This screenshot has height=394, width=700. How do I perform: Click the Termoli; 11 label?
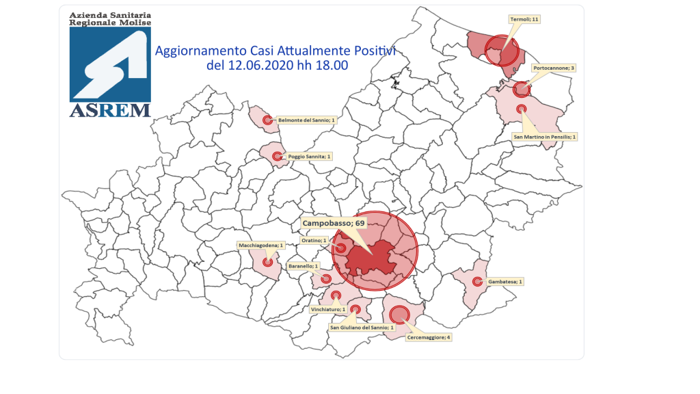click(x=525, y=20)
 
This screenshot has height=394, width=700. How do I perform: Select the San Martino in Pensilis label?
click(x=545, y=137)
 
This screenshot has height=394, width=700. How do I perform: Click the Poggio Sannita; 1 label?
click(x=309, y=157)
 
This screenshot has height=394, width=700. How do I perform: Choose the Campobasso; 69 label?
click(x=334, y=224)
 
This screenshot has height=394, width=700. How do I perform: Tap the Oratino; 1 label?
click(x=314, y=240)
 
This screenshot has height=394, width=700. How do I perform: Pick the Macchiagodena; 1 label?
click(x=260, y=244)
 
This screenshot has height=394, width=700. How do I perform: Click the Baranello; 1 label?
click(x=303, y=265)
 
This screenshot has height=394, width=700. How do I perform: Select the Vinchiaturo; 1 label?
click(x=328, y=309)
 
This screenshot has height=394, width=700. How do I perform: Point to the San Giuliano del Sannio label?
click(x=362, y=328)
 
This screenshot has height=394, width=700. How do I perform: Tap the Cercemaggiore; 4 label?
click(x=429, y=337)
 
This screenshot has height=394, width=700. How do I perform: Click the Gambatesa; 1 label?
click(x=505, y=281)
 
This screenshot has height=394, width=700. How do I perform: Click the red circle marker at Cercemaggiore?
click(x=399, y=313)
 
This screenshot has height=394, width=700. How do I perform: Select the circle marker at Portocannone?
click(x=522, y=88)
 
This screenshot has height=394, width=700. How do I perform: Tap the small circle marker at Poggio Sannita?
click(x=277, y=157)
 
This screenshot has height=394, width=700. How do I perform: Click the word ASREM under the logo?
click(x=110, y=110)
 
